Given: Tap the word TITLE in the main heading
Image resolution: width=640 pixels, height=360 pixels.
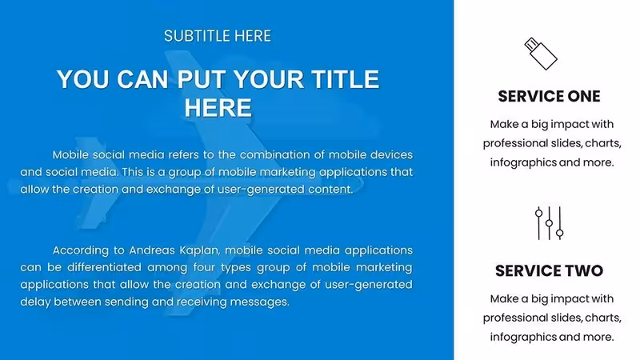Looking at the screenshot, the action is point(346,79).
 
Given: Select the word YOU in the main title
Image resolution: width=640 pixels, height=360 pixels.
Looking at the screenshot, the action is point(83,79).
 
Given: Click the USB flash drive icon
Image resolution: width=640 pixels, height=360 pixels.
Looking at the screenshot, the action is point(541,54).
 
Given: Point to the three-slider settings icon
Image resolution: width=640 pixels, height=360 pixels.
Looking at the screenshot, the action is point(549,223).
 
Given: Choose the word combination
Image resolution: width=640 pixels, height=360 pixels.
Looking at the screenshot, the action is point(274,155).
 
